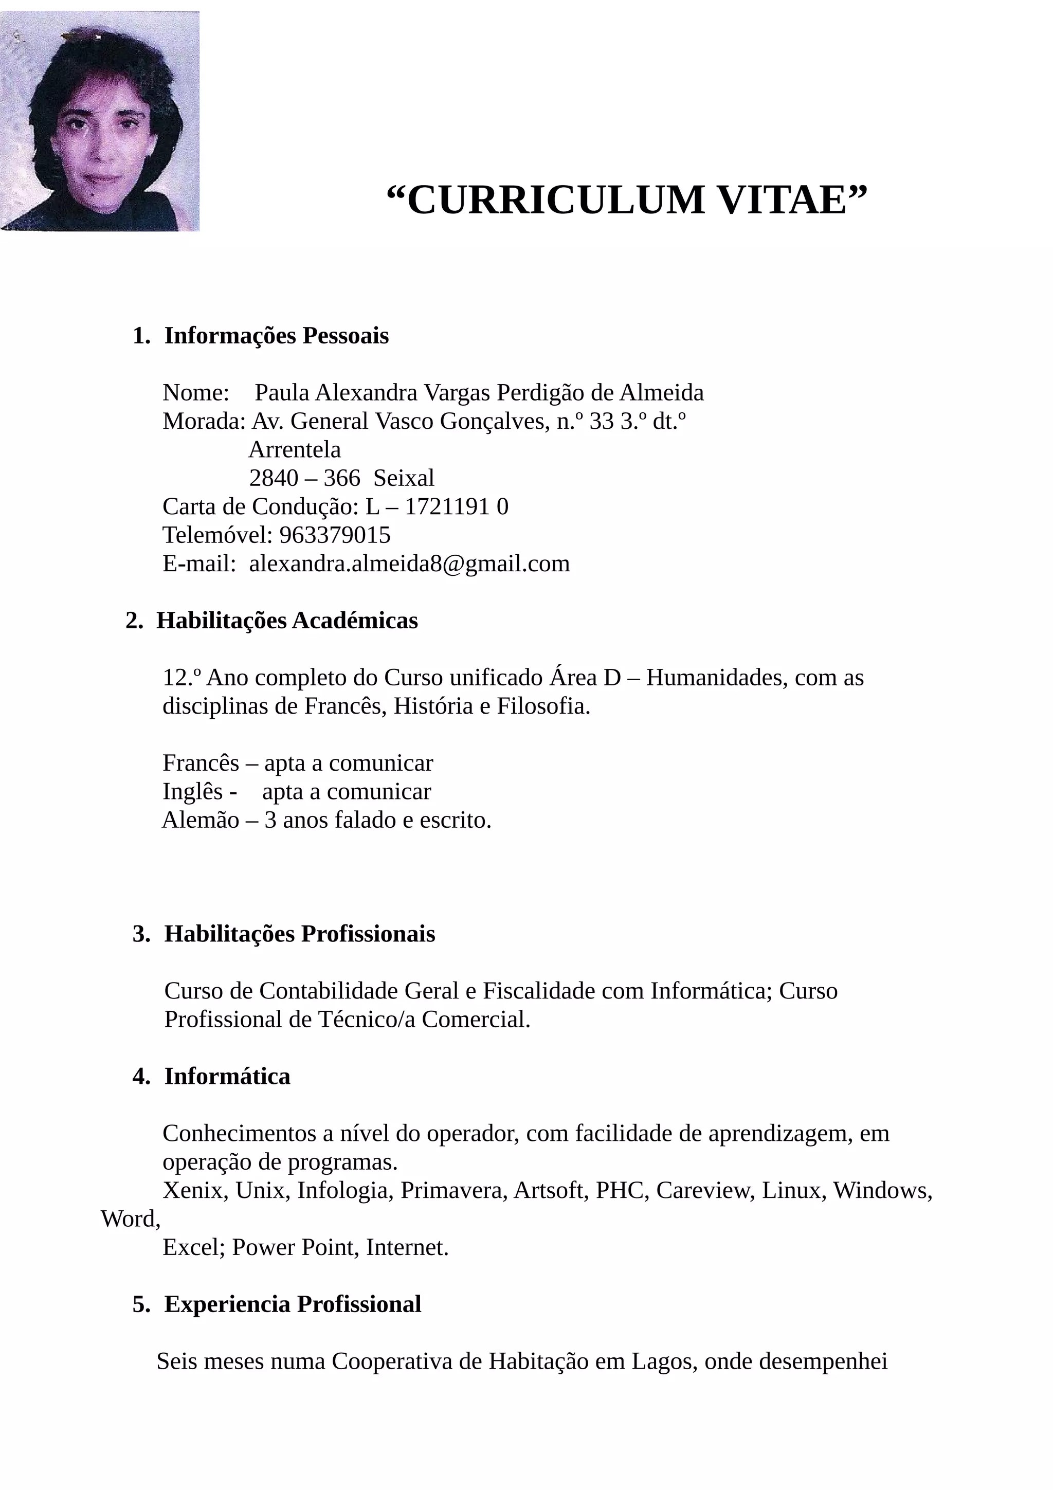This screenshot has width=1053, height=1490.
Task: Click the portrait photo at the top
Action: tap(99, 121)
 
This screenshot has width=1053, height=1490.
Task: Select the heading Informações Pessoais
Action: tap(277, 336)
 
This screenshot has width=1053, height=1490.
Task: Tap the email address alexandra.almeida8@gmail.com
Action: tap(409, 564)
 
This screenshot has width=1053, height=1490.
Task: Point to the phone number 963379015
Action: tap(335, 535)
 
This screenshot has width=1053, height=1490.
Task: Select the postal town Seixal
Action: tap(404, 478)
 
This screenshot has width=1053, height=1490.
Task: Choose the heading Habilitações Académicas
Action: tap(287, 621)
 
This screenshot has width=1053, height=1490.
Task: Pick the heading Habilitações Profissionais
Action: tap(299, 934)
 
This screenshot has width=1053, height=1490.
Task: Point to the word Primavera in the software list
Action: tap(453, 1190)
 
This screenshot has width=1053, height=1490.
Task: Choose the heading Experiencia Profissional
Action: tap(293, 1304)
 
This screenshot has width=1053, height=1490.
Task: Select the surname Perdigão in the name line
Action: tap(540, 393)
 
